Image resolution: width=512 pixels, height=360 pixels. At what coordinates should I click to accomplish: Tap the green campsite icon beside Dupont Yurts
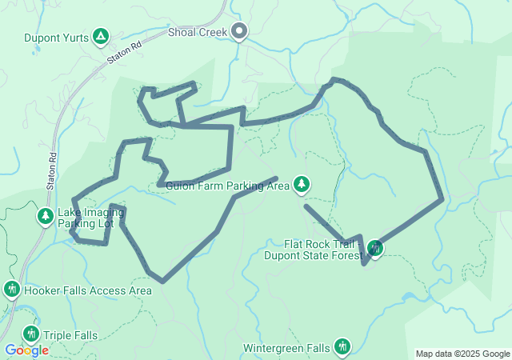pyautogui.click(x=101, y=36)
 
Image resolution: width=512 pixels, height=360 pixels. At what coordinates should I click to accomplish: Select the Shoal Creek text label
pyautogui.click(x=198, y=32)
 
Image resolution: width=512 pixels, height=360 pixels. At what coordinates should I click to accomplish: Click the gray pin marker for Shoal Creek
pyautogui.click(x=239, y=32)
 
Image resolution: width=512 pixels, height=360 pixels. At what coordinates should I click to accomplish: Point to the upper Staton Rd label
pyautogui.click(x=124, y=53)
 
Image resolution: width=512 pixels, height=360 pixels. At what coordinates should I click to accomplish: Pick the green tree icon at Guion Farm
pyautogui.click(x=302, y=186)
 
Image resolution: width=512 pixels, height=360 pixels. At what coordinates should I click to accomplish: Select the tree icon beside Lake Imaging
pyautogui.click(x=45, y=217)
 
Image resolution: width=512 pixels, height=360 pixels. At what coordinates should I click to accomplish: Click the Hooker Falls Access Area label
pyautogui.click(x=88, y=290)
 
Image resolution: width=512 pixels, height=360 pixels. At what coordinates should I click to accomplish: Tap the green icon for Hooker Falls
pyautogui.click(x=12, y=289)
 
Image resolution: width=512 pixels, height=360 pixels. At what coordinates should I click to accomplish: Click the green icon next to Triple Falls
pyautogui.click(x=31, y=334)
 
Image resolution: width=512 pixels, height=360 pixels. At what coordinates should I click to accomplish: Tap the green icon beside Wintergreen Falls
pyautogui.click(x=342, y=346)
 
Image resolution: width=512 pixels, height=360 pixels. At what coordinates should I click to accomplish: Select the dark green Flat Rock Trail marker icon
pyautogui.click(x=374, y=249)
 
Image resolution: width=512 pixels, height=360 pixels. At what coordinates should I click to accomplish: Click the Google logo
pyautogui.click(x=26, y=350)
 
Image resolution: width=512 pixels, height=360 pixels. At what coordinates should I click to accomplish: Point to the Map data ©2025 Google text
pyautogui.click(x=462, y=354)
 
